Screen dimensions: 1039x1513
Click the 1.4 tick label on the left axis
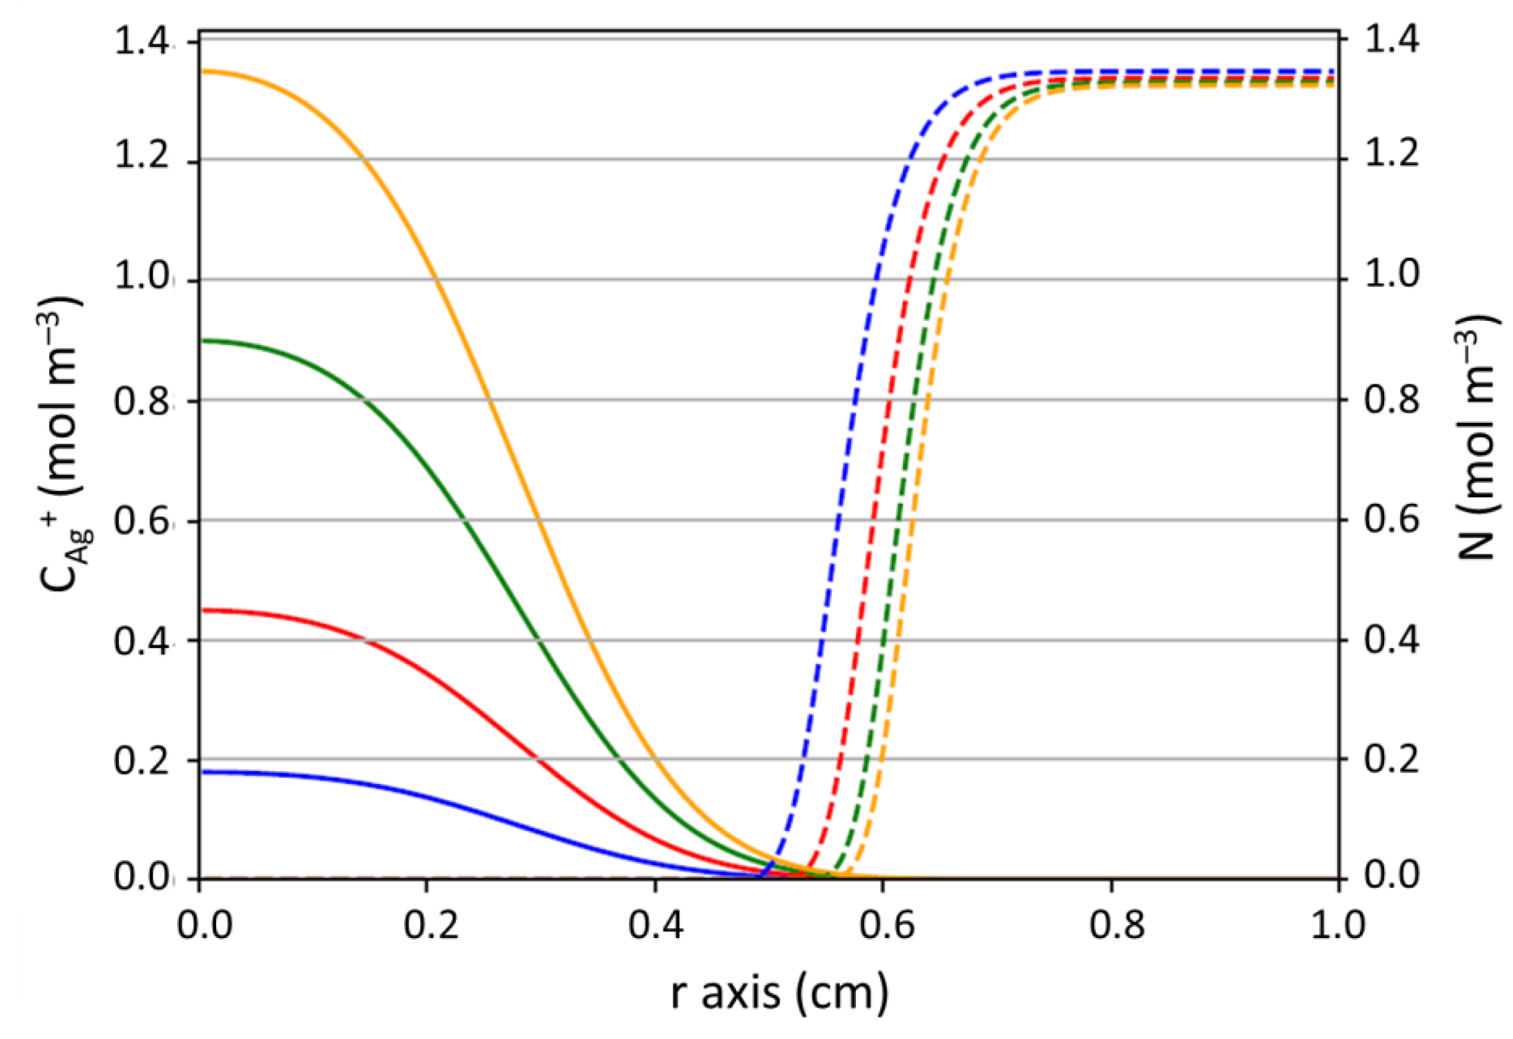tap(142, 43)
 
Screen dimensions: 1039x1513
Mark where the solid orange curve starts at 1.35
tap(201, 72)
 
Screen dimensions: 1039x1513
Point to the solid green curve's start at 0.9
tap(201, 340)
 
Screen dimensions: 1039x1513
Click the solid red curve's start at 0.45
tap(201, 611)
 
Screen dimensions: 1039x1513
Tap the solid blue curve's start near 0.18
tap(201, 772)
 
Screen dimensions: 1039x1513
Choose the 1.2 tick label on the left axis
tap(142, 159)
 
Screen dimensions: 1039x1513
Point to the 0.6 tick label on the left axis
tap(142, 521)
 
